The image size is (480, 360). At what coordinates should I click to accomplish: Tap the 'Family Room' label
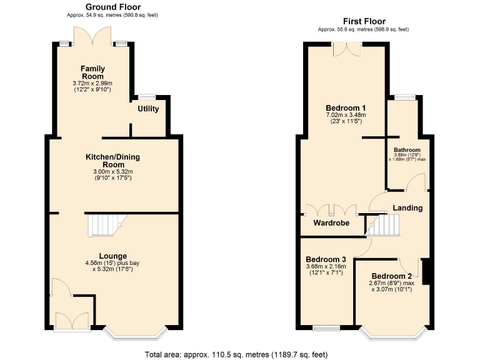tap(92, 72)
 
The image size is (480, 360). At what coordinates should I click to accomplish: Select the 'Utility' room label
tap(148, 109)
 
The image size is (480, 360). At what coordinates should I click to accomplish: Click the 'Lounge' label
tap(112, 256)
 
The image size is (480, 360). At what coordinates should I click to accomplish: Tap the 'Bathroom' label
tap(407, 151)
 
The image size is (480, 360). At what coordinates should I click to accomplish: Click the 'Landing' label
tap(407, 207)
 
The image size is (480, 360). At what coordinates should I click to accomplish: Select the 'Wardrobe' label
tap(331, 222)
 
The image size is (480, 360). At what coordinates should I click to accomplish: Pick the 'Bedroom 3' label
tap(326, 259)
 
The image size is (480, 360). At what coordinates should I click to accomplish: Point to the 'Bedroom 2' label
tap(392, 276)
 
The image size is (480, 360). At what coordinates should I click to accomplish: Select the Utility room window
tap(147, 96)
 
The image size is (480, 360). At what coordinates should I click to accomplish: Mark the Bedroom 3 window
tap(326, 327)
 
